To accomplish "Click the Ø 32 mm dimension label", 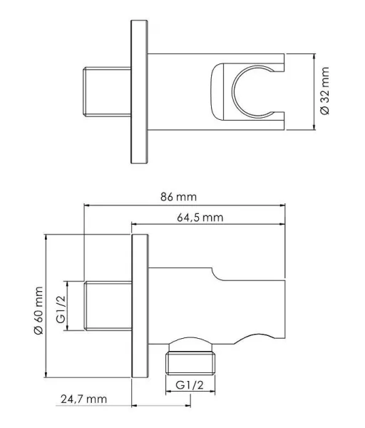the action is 325,91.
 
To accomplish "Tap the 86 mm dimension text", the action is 178,197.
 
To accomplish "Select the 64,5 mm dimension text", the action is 200,218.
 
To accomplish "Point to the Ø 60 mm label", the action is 38,310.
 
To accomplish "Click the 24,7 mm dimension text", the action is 83,399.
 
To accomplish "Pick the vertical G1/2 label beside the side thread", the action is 61,310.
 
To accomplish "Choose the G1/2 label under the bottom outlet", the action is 190,385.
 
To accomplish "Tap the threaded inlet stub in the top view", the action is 107,92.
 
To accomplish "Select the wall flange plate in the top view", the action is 140,92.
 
